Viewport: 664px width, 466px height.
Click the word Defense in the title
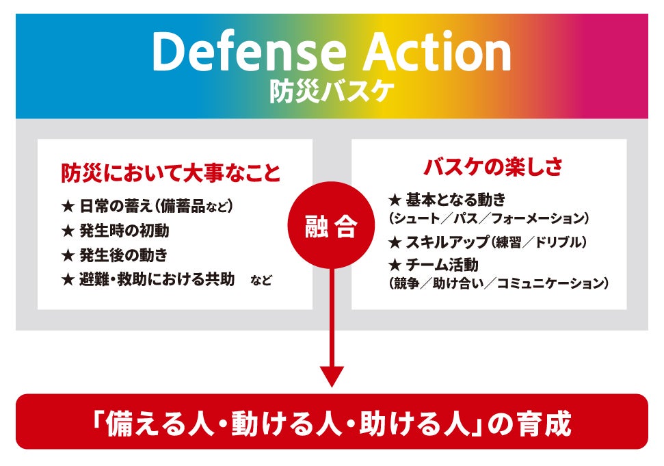tap(239, 53)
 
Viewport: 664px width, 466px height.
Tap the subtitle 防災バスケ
tap(332, 92)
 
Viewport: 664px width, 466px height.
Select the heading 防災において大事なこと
tap(170, 173)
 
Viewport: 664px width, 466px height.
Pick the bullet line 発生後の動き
tap(123, 255)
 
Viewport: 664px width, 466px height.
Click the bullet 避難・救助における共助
tap(157, 279)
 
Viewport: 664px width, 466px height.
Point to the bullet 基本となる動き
tap(455, 200)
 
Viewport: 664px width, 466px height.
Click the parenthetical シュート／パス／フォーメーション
tap(488, 218)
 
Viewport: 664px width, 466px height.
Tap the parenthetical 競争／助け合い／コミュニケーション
tap(498, 282)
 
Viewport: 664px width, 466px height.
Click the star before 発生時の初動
tap(67, 231)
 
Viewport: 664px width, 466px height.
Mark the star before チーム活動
tap(394, 265)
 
